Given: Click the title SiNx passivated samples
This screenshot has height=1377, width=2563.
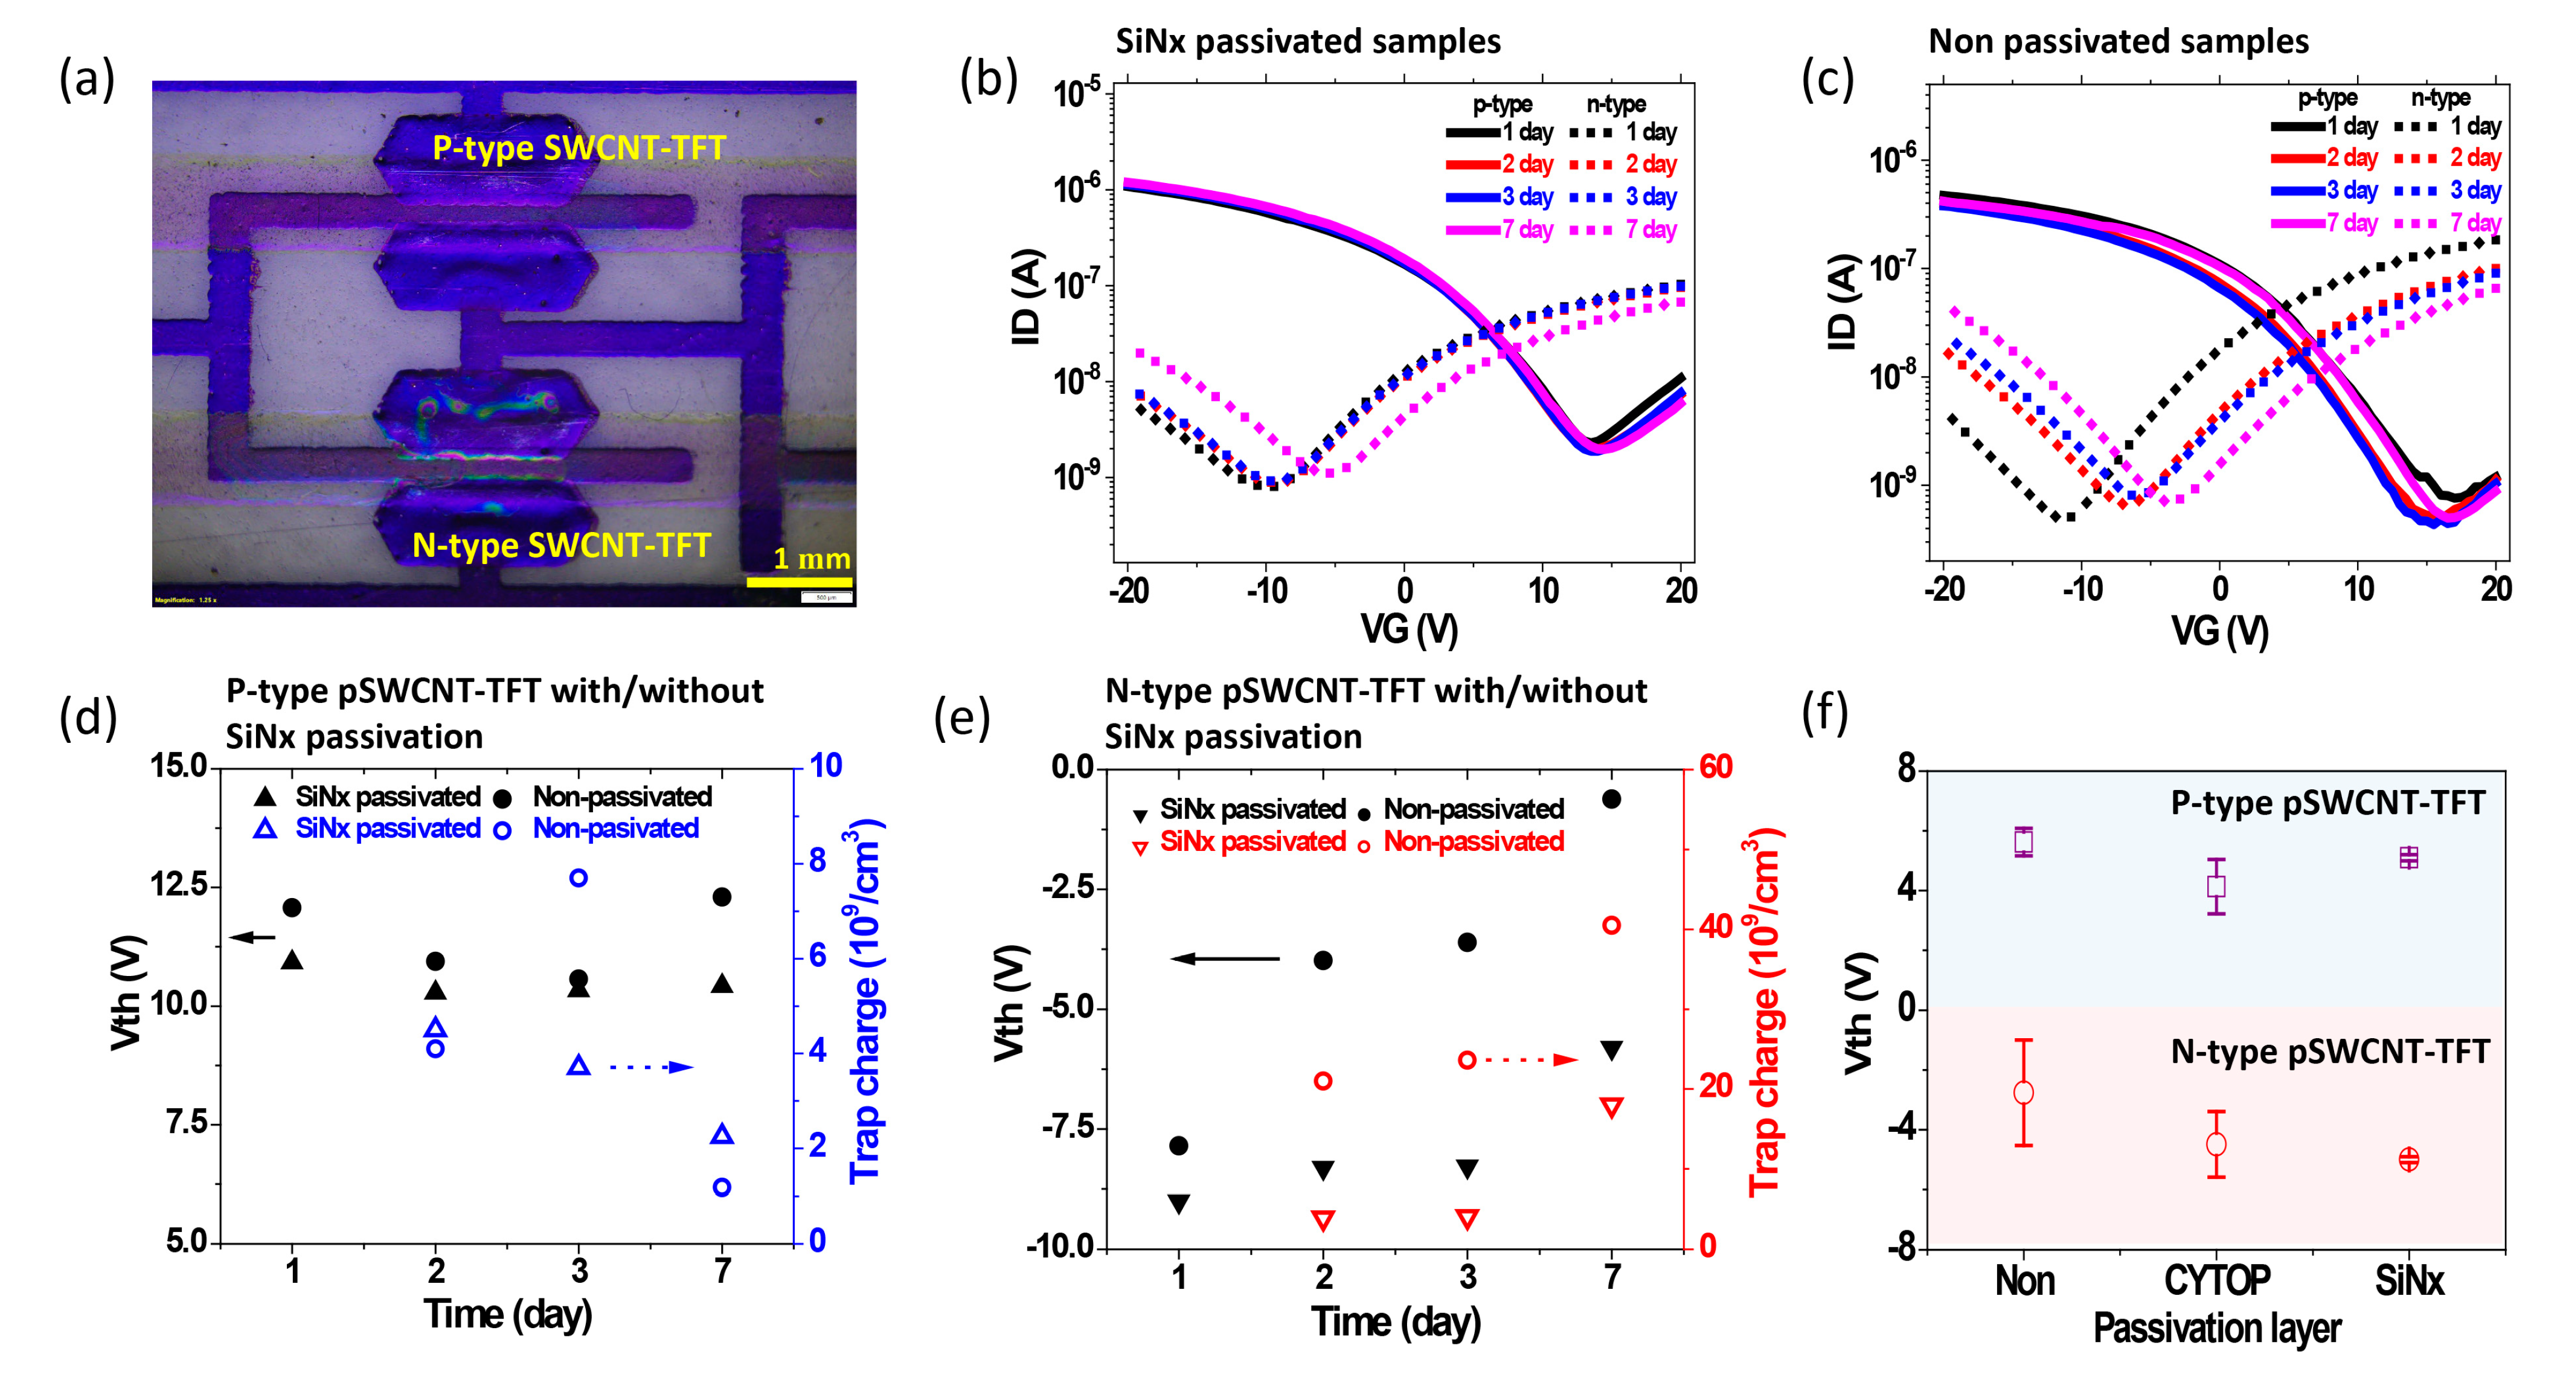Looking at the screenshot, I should [1307, 42].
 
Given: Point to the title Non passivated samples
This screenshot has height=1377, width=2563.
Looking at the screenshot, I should [2119, 42].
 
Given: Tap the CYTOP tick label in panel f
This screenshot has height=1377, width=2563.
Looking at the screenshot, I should [2217, 1280].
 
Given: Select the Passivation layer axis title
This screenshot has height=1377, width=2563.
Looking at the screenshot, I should [2217, 1328].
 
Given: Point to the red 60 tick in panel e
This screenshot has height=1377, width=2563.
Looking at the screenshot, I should [1715, 767].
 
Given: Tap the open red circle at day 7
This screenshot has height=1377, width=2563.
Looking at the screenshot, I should [1612, 925].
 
